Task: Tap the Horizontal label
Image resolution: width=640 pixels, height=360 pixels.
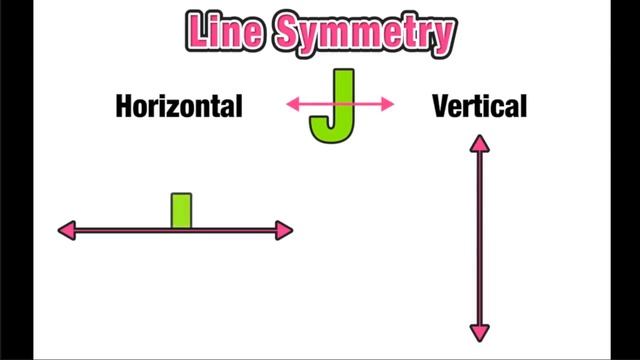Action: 179,106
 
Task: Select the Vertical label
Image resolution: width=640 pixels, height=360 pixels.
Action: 479,106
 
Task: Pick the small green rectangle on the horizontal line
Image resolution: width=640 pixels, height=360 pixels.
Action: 181,211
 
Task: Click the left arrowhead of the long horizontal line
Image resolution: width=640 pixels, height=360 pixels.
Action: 66,231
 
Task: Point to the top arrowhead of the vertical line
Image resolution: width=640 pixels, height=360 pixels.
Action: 480,145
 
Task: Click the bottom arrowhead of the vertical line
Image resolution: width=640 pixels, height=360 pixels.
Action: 480,333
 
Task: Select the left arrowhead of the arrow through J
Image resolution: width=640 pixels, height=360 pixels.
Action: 293,103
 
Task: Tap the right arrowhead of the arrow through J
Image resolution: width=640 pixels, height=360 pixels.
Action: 388,103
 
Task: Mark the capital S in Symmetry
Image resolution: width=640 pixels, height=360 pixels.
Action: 290,33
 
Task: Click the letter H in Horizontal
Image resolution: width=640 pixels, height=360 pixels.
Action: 125,106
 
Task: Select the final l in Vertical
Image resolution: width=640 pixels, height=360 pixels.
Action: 522,105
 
